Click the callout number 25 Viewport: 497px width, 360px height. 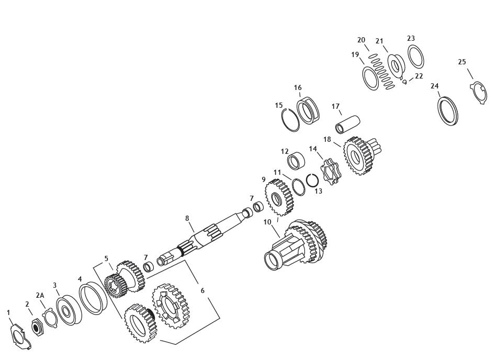[462, 62]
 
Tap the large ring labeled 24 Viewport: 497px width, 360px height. [448, 111]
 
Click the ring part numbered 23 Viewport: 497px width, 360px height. [416, 56]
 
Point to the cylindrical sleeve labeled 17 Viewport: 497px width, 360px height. [347, 125]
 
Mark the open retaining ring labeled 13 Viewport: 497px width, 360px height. [312, 181]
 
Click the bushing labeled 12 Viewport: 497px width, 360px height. [297, 161]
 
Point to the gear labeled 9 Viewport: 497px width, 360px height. [279, 197]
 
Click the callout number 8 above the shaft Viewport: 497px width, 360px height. [187, 218]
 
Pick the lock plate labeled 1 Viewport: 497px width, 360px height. [20, 337]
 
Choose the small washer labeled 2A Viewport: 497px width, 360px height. [50, 319]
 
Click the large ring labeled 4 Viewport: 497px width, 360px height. [93, 299]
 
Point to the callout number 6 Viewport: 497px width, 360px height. [202, 290]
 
